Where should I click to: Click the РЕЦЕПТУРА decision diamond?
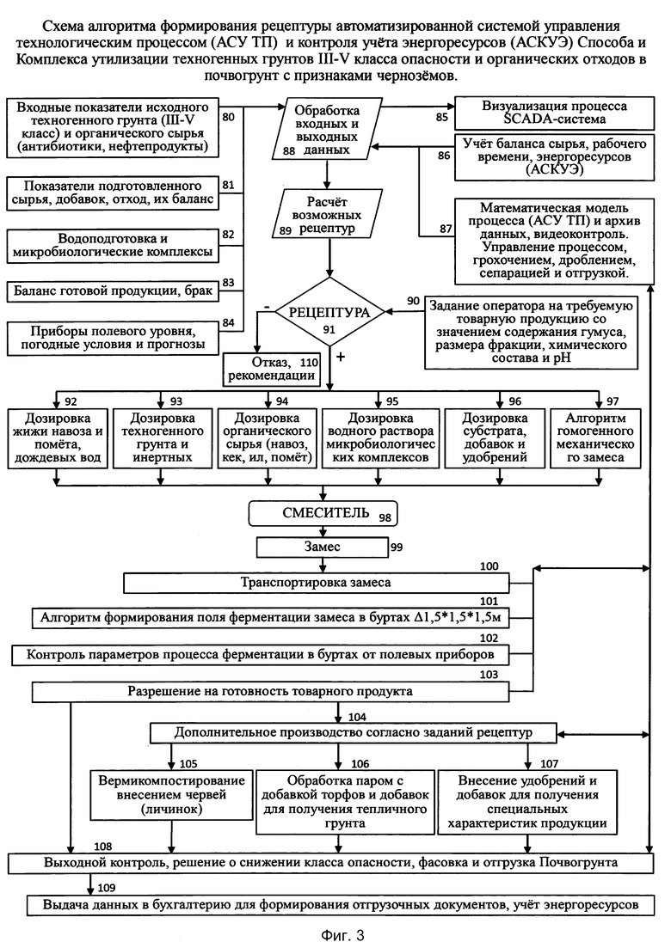pos(329,312)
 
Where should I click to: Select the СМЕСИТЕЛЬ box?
pos(323,513)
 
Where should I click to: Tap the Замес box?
pos(322,547)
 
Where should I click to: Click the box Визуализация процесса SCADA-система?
pos(554,113)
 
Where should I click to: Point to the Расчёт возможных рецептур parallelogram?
pos(327,215)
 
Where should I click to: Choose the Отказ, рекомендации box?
pos(272,369)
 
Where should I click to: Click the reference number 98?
pos(385,518)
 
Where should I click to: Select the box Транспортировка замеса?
pos(317,583)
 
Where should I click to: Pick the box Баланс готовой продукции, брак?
pos(113,291)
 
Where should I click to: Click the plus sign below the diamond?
pos(341,358)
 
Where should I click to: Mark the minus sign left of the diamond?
pos(266,307)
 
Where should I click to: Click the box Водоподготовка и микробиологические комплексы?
pos(113,245)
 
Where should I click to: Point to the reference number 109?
pos(106,888)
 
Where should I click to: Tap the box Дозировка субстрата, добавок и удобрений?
pos(495,438)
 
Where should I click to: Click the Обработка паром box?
pos(346,802)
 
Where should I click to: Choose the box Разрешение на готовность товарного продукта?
pos(270,692)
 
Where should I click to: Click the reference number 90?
pos(413,301)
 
